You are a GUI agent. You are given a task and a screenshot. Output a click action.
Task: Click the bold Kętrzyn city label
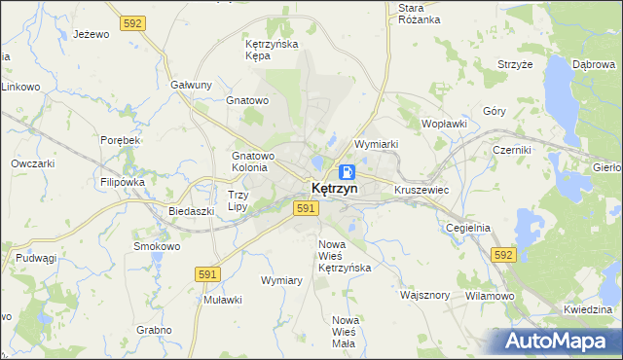[x=334, y=188]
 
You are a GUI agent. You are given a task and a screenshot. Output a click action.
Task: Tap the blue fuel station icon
[x=334, y=170]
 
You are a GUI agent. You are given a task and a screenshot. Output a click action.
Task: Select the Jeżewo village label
[x=91, y=34]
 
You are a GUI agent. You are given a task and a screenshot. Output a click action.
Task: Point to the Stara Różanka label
[x=420, y=14]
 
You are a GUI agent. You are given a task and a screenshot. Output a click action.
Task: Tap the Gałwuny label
[x=191, y=85]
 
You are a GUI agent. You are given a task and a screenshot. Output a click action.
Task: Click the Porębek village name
[x=122, y=140]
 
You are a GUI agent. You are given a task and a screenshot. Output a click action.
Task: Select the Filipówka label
[x=122, y=182]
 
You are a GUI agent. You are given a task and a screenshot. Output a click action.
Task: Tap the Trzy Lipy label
[x=238, y=200]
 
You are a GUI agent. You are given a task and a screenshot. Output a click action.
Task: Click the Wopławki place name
[x=445, y=125]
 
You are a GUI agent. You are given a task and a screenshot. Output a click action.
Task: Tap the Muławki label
[x=222, y=300]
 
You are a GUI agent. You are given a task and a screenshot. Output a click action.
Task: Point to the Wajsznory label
[x=425, y=294]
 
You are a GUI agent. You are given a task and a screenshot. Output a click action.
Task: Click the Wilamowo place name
[x=489, y=295]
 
